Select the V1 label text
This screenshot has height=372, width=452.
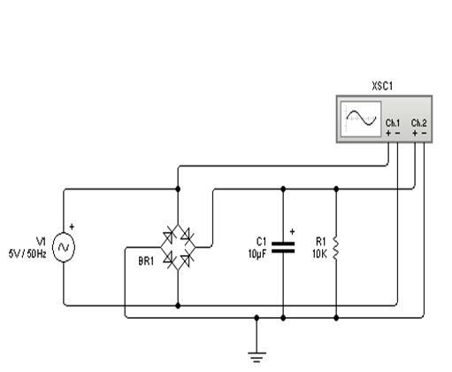tap(40, 240)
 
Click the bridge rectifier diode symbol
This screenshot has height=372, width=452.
tap(179, 247)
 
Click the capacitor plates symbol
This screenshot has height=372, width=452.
tap(283, 248)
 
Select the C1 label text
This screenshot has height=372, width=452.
tap(261, 240)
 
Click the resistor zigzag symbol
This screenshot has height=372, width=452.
tap(337, 248)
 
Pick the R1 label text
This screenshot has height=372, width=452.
tap(320, 240)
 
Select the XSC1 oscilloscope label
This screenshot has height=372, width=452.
tap(381, 88)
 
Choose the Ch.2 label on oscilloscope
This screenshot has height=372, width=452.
tap(419, 122)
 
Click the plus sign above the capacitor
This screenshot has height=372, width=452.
tap(293, 231)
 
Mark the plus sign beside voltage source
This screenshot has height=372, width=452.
tap(73, 227)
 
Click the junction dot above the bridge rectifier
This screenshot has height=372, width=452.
tap(179, 189)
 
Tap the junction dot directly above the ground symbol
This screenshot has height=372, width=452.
tap(257, 315)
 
